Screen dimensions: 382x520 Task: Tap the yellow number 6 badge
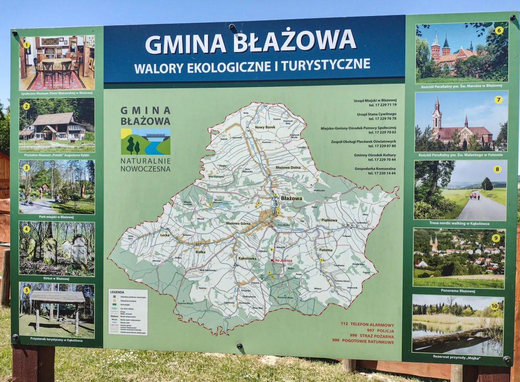[499, 30]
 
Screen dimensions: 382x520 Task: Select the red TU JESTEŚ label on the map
[283, 260]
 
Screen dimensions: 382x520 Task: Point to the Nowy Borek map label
[265, 127]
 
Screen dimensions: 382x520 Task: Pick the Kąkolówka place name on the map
[247, 258]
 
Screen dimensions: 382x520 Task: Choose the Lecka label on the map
[165, 235]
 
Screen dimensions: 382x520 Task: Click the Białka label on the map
[200, 252]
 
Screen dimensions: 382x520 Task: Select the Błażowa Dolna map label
[288, 167]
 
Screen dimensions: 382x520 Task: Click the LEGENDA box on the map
[128, 312]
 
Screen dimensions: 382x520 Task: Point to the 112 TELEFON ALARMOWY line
[367, 325]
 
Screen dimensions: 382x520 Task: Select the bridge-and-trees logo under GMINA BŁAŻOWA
[145, 142]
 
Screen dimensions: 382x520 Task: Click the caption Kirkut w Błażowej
[56, 279]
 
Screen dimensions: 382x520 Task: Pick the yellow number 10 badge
[494, 306]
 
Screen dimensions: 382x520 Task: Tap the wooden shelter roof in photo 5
[57, 297]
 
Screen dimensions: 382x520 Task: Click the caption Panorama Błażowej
[458, 291]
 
